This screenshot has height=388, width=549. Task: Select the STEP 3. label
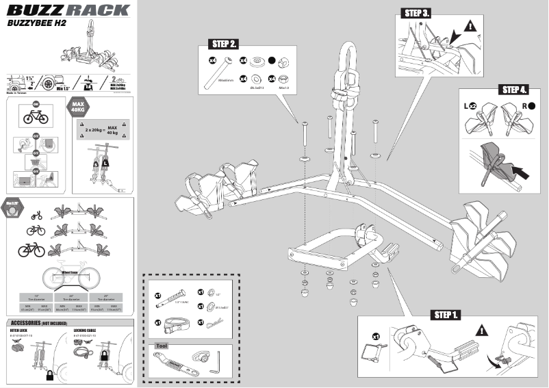pos(417,13)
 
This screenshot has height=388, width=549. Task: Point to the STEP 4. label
pos(514,90)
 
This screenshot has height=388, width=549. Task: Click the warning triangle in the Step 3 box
pos(470,27)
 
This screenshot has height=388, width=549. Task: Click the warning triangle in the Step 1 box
pos(483,330)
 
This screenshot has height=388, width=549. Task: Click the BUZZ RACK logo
pos(68,10)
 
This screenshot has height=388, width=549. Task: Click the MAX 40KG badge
pos(77,107)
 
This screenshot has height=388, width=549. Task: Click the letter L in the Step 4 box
pos(468,106)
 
